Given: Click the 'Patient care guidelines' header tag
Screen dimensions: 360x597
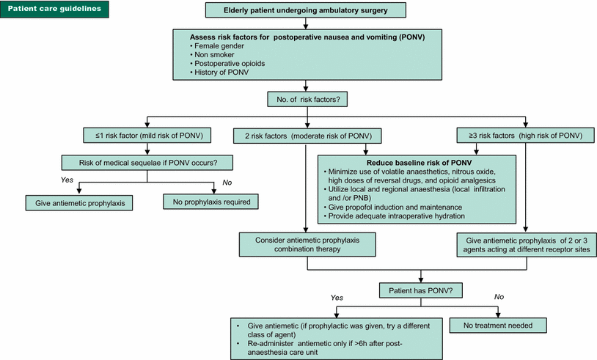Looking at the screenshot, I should coord(55,10).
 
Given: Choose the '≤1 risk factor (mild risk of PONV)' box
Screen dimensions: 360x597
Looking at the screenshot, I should coord(147,136).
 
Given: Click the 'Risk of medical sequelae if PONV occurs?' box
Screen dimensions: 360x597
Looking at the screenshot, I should coord(147,163).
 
